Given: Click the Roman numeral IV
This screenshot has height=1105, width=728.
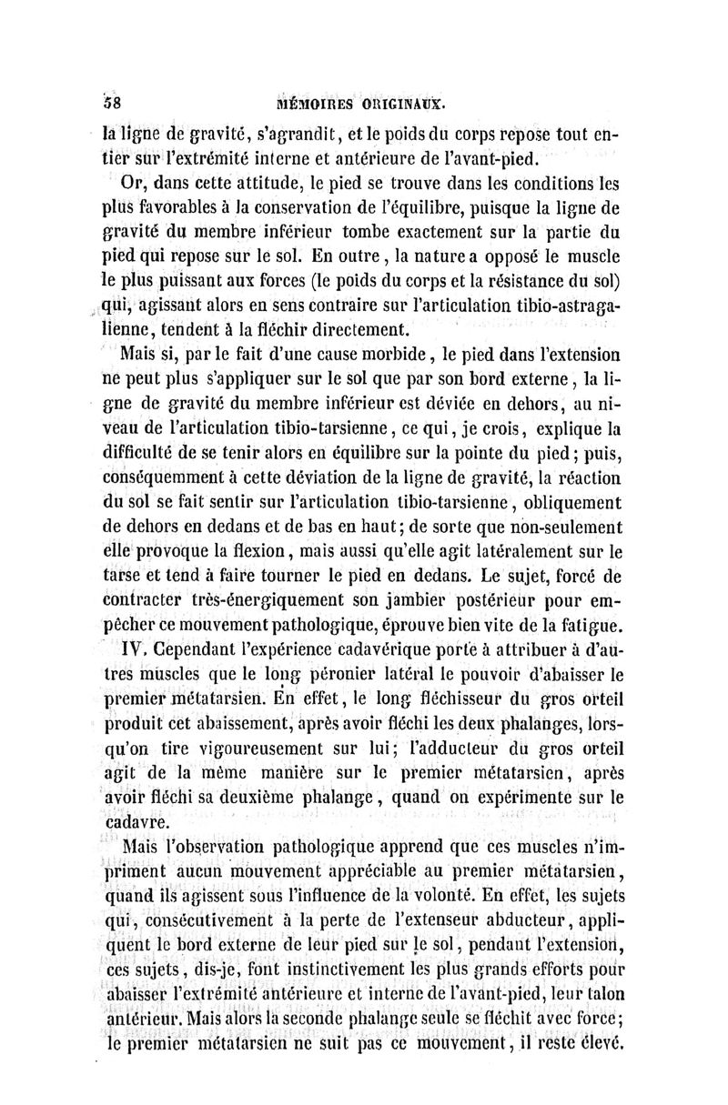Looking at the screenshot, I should coord(132,650).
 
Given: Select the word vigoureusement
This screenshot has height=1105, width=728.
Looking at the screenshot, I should coord(250,748).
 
